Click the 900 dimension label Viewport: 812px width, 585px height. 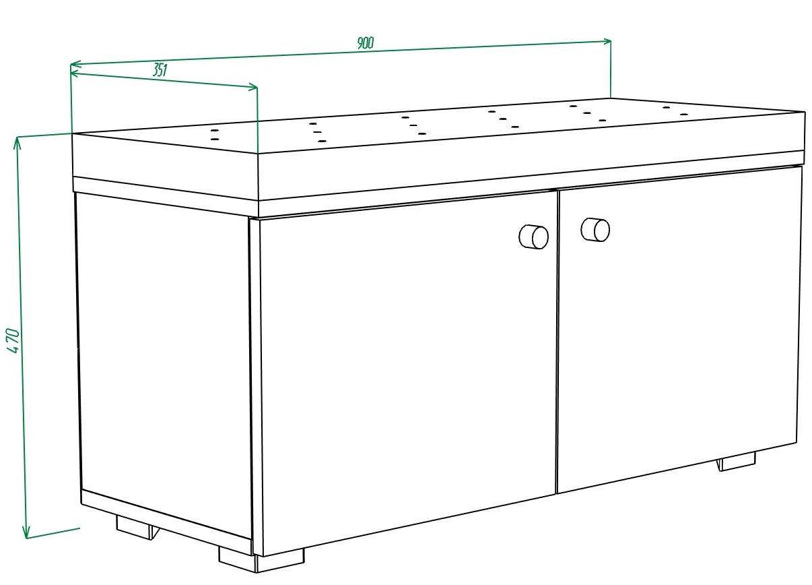pos(365,42)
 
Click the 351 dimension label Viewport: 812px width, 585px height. pos(160,70)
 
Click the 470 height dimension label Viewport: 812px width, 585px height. pos(13,340)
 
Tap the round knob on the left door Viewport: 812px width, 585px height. pos(534,237)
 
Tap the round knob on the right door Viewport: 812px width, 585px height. pos(595,229)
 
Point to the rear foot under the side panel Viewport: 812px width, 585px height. pos(138,527)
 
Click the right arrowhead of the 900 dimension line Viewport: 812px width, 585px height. pos(606,41)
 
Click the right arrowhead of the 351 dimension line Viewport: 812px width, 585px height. pos(252,87)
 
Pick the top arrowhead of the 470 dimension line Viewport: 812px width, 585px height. pos(17,143)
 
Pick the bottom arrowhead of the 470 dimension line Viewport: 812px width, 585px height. pos(26,532)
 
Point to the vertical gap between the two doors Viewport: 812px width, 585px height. pos(557,341)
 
